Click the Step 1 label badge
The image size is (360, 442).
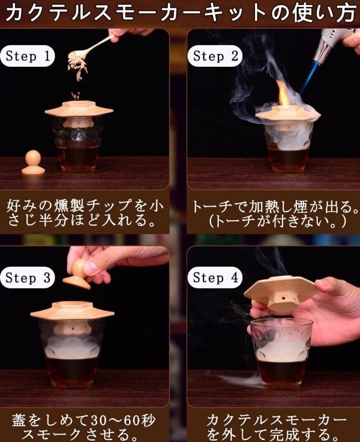coord(27,56)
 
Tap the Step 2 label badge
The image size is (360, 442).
coord(215,56)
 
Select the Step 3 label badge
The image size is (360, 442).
coord(27,277)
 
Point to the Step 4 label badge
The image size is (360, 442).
coord(215,277)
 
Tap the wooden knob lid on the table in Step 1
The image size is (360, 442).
coord(33,162)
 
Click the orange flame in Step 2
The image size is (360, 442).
coord(283,93)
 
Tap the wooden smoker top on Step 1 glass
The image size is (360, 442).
coord(79,108)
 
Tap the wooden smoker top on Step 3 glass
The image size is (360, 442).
coord(72,310)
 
